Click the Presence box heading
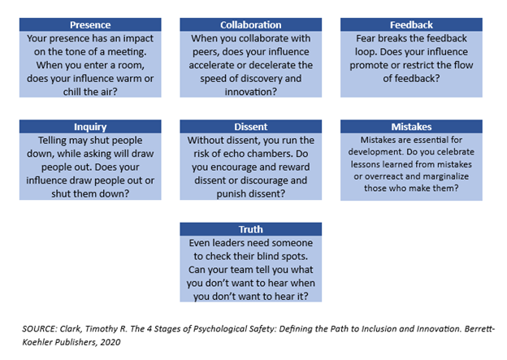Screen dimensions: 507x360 90,25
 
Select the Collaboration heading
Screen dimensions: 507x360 250,25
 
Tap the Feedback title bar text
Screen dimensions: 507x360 411,25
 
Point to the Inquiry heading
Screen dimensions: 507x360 90,127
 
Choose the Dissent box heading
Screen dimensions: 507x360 250,127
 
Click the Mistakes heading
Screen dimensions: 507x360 411,127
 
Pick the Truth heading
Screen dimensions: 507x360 250,229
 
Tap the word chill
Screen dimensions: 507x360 71,92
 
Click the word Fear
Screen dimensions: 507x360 366,38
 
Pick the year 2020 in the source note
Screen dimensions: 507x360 110,342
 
